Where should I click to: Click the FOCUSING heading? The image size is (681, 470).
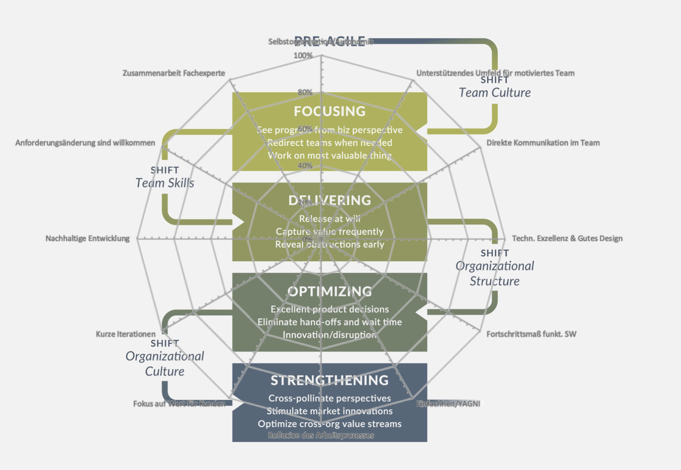tap(330, 111)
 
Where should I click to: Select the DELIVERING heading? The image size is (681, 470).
tap(330, 201)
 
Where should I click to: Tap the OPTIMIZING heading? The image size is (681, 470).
tap(330, 291)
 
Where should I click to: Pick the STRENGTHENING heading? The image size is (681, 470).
tap(330, 380)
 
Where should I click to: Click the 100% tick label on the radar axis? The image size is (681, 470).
tap(303, 56)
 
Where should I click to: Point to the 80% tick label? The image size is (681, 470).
tap(305, 92)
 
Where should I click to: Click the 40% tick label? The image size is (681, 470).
tap(305, 166)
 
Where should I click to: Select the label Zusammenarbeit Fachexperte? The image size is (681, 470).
tap(173, 73)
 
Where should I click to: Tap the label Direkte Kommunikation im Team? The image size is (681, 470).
tap(543, 143)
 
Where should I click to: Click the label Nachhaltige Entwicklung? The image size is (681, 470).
tap(87, 238)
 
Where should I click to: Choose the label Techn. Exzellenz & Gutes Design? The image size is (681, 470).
tap(567, 238)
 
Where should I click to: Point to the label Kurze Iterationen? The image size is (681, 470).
tap(125, 334)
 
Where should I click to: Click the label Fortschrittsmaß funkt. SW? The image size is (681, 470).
tap(531, 334)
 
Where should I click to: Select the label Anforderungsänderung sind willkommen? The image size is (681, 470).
tap(85, 143)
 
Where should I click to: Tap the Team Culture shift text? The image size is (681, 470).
tap(495, 92)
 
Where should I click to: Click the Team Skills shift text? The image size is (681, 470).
tap(165, 183)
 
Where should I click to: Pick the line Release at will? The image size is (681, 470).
tap(330, 219)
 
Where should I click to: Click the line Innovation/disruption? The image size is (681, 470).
tap(330, 335)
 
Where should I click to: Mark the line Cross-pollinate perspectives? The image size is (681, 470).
tap(330, 398)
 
